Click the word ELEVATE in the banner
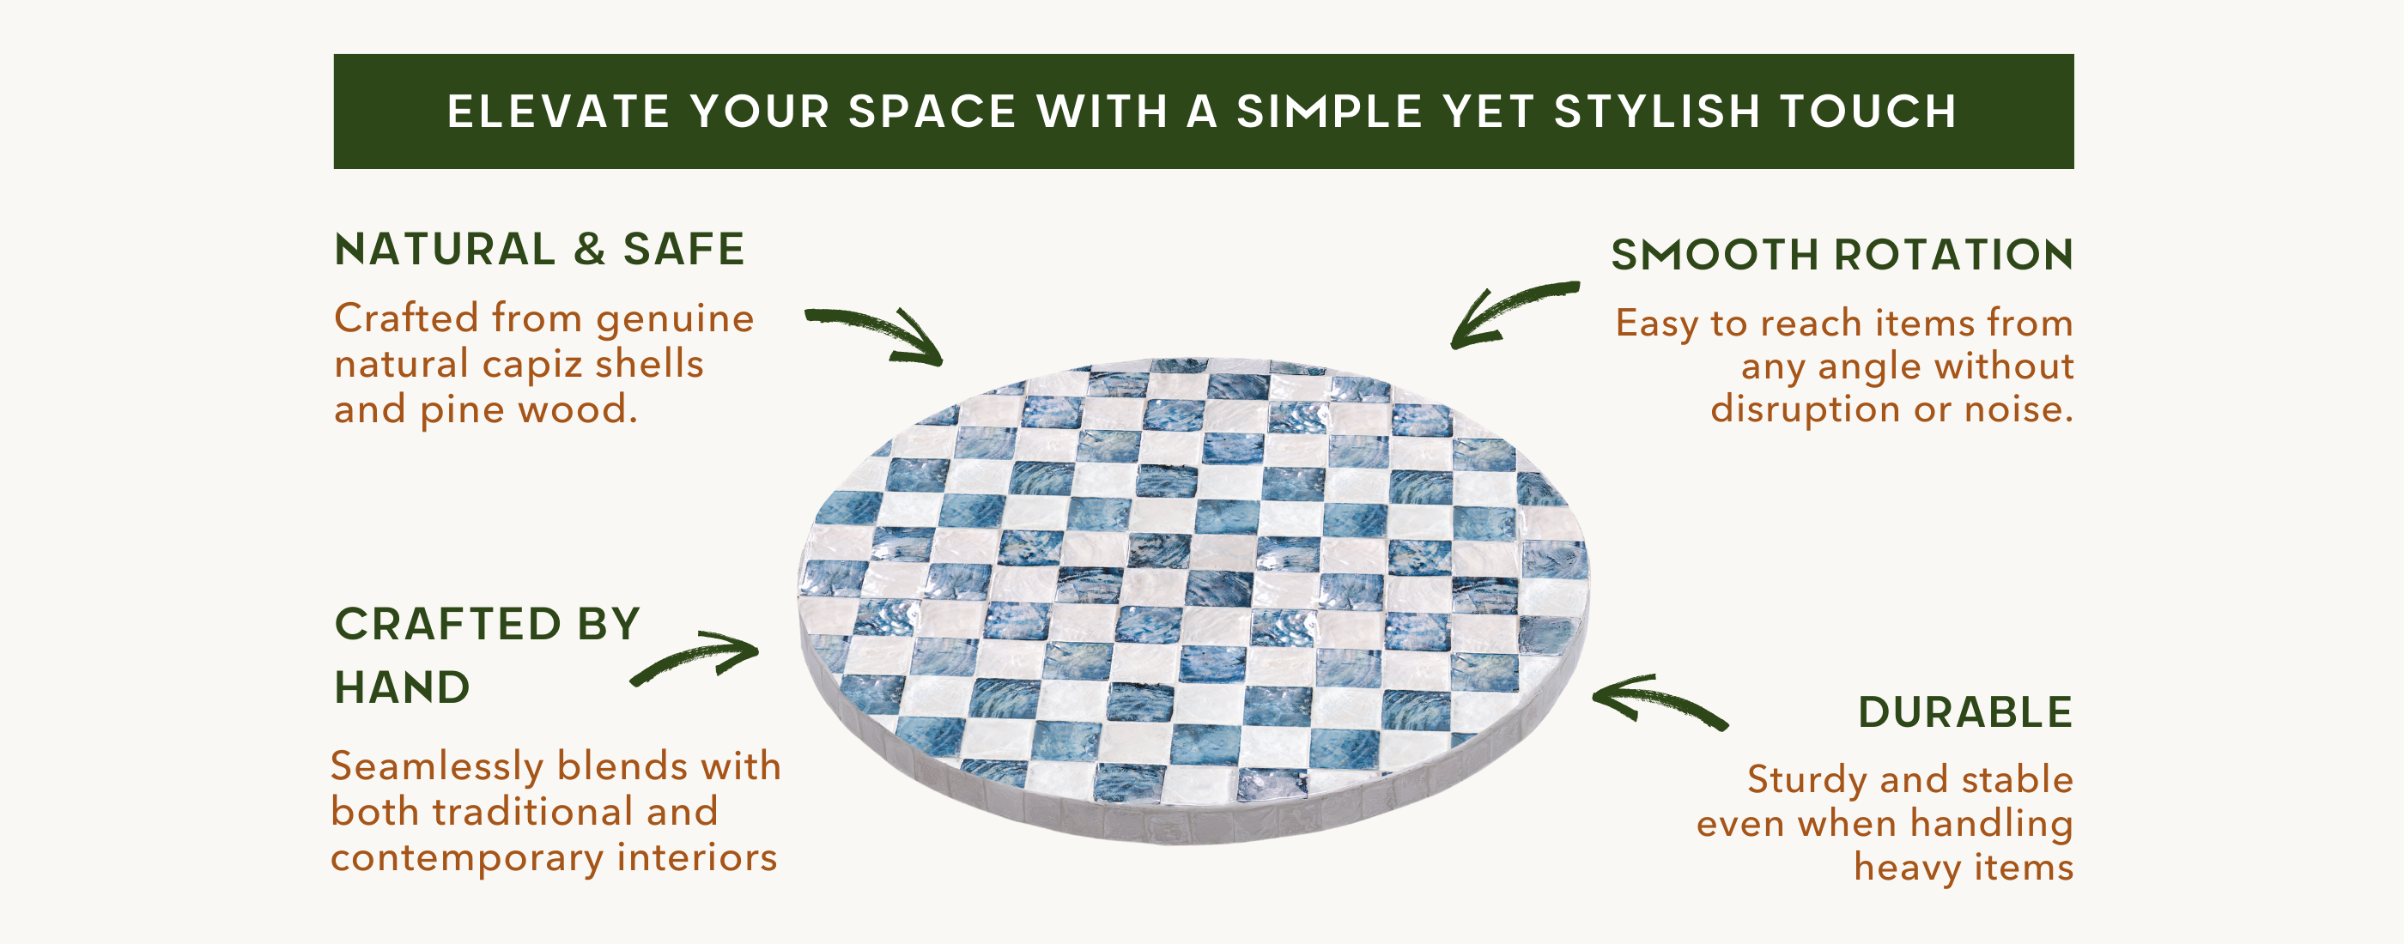coord(558,112)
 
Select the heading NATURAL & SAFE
coord(539,249)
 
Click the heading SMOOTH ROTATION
coord(1842,255)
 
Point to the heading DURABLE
coord(1965,712)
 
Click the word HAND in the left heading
coord(402,687)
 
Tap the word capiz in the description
coord(529,366)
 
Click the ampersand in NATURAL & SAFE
coord(589,249)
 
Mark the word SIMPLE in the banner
coord(1330,112)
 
